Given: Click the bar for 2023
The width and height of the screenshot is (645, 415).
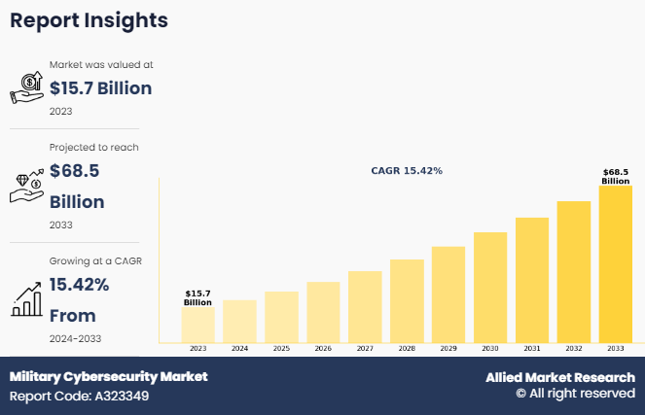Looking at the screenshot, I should pyautogui.click(x=198, y=325).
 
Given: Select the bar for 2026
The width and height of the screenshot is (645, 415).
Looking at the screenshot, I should pyautogui.click(x=323, y=312).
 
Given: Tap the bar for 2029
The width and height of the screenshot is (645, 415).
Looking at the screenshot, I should pyautogui.click(x=448, y=294).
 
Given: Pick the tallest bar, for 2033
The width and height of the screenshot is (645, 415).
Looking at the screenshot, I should pyautogui.click(x=616, y=263).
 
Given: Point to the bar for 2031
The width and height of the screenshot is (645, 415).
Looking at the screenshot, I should pyautogui.click(x=532, y=280).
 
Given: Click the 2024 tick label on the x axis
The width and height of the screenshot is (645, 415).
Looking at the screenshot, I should pyautogui.click(x=239, y=348).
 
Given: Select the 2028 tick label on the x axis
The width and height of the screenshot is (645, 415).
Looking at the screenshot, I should pyautogui.click(x=407, y=348).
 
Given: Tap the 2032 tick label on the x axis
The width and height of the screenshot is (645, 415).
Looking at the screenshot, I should pyautogui.click(x=574, y=348).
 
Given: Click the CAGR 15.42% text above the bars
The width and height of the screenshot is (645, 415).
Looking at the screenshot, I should pyautogui.click(x=407, y=170).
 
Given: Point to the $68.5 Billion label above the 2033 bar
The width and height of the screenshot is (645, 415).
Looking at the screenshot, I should pyautogui.click(x=616, y=177).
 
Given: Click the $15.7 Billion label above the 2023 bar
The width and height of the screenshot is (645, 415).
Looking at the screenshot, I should pyautogui.click(x=198, y=297).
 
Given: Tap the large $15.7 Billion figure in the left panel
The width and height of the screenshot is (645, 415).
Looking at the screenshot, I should pyautogui.click(x=101, y=88).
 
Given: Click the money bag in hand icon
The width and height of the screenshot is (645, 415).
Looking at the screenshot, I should pyautogui.click(x=27, y=87).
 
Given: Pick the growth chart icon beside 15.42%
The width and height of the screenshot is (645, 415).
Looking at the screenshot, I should pyautogui.click(x=27, y=298).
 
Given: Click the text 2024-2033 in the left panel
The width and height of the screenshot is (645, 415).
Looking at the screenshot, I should pyautogui.click(x=75, y=338).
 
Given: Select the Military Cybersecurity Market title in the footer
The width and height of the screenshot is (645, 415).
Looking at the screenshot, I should pyautogui.click(x=108, y=376).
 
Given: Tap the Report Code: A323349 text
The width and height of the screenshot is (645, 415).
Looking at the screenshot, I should pyautogui.click(x=79, y=396).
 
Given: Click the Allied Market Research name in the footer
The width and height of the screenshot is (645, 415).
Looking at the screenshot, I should pyautogui.click(x=560, y=377).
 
